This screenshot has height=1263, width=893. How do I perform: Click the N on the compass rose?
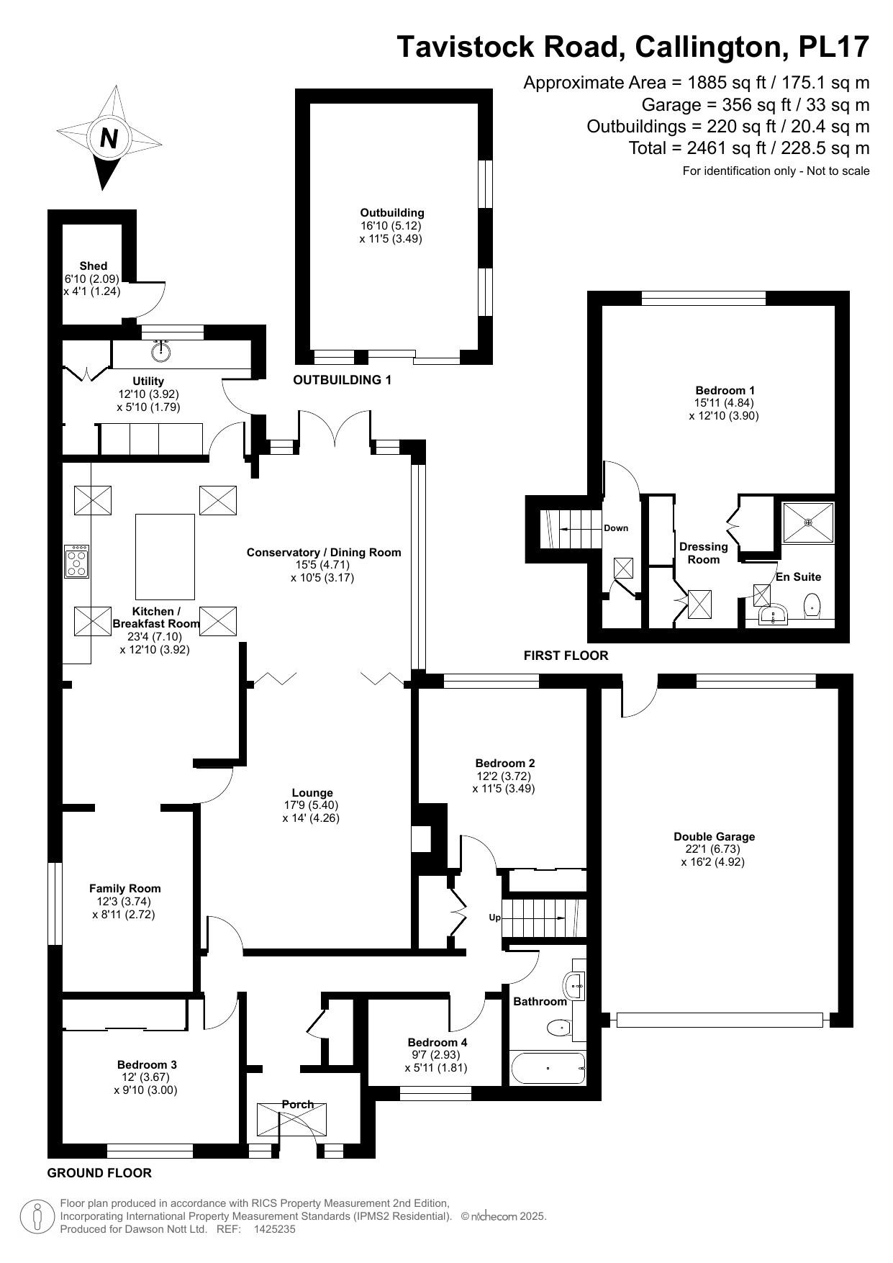[109, 137]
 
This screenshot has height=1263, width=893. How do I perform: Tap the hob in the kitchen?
[77, 562]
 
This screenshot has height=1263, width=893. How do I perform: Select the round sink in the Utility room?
[162, 351]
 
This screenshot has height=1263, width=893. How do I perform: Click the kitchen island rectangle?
[166, 556]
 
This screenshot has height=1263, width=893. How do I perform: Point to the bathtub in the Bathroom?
[548, 1068]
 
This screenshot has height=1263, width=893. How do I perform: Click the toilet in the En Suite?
[812, 605]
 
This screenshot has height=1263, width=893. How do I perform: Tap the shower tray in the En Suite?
[809, 522]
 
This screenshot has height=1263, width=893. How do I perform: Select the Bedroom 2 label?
[504, 763]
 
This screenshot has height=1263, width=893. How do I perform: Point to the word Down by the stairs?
[616, 528]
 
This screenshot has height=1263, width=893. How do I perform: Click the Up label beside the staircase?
[494, 918]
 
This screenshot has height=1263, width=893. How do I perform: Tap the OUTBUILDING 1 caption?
[342, 380]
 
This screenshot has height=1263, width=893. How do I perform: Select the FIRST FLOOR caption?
[566, 656]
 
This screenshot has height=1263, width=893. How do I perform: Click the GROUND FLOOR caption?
[99, 1173]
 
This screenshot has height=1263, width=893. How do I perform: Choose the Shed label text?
[93, 266]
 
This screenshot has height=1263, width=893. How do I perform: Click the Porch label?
[297, 1104]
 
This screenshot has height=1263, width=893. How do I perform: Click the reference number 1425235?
[274, 1229]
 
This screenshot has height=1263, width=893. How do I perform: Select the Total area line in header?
[748, 148]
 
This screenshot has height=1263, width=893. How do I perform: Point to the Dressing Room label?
[703, 553]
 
